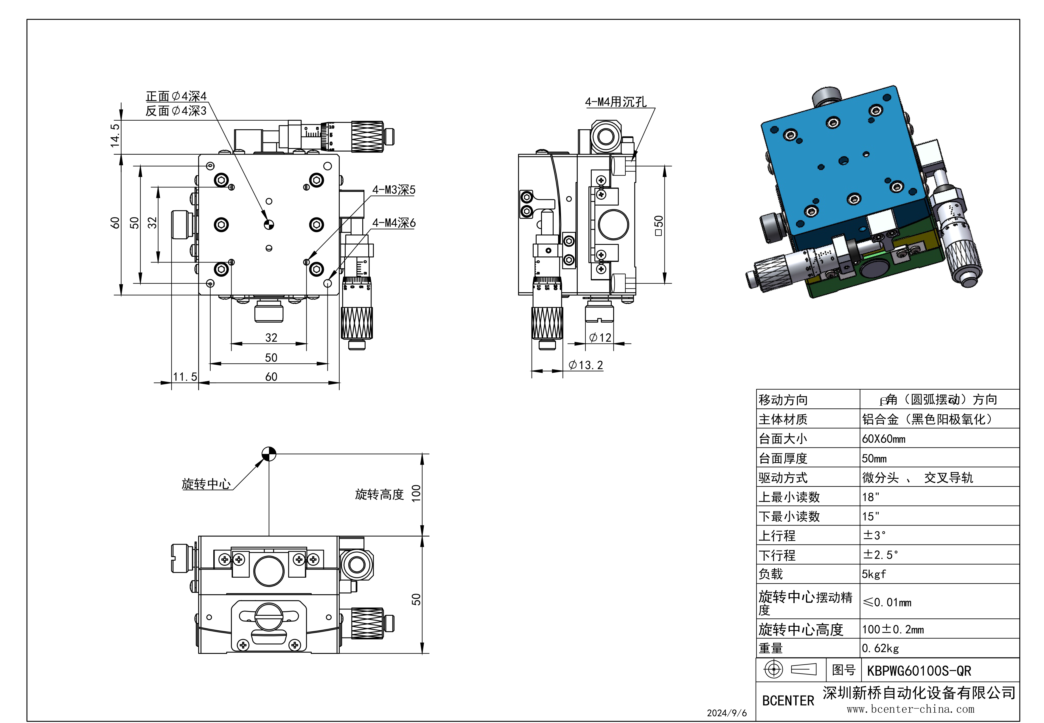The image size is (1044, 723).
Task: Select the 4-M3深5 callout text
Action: tap(393, 190)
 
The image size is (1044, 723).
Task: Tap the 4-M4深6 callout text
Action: tap(393, 223)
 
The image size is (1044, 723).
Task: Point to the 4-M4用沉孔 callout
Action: tap(615, 102)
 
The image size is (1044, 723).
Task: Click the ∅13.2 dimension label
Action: tap(585, 365)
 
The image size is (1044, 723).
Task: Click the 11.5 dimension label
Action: tap(185, 377)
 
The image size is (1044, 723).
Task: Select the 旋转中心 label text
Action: tap(206, 484)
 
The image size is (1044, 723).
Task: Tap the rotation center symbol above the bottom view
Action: tap(269, 453)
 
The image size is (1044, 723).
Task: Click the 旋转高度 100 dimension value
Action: tap(416, 493)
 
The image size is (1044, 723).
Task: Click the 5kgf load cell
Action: tap(873, 574)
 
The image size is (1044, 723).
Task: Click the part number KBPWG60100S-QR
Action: tap(919, 671)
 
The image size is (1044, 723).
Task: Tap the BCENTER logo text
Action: tap(788, 701)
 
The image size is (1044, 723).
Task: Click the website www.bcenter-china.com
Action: tap(910, 709)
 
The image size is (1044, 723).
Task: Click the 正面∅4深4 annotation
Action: tap(176, 96)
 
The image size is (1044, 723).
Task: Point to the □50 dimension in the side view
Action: tap(658, 225)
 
